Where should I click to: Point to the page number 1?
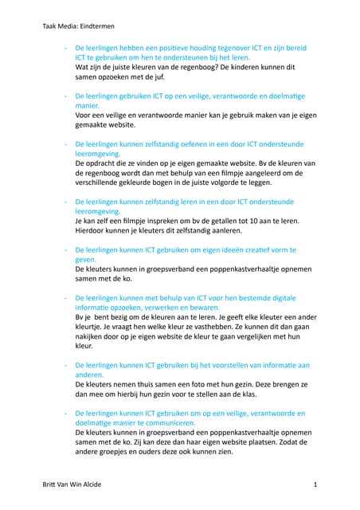click(315, 484)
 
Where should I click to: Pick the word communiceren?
click(158, 422)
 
